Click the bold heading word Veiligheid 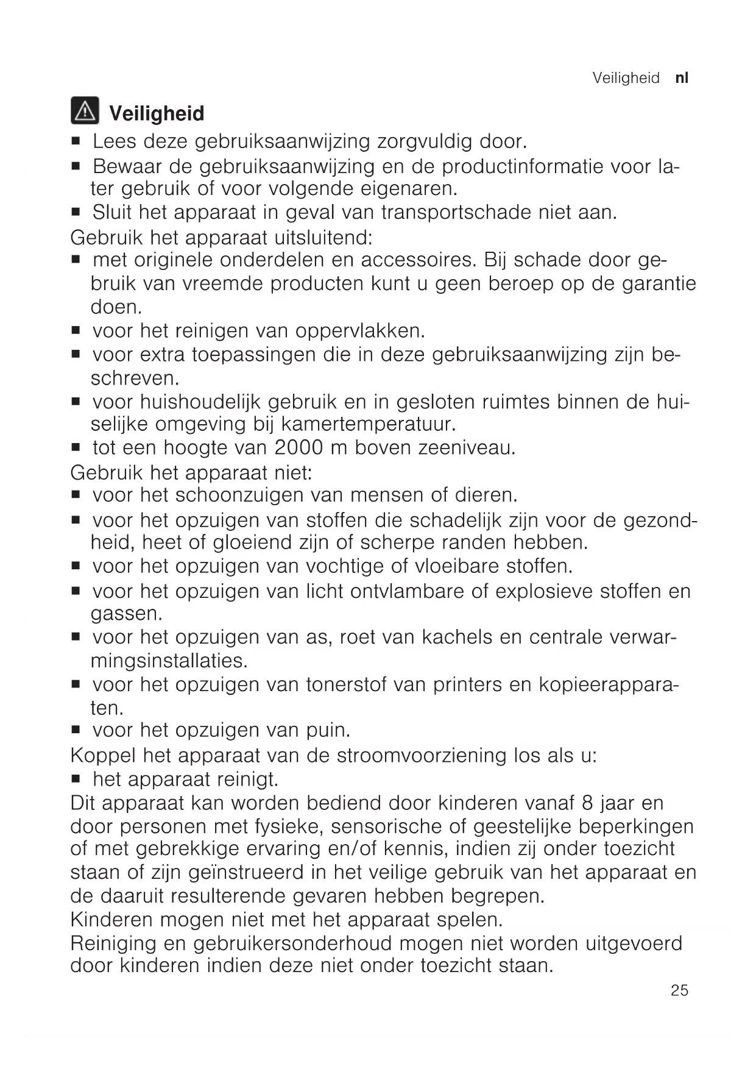pyautogui.click(x=157, y=114)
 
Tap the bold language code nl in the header pyautogui.click(x=682, y=78)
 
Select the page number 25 pyautogui.click(x=679, y=990)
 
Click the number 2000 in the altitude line pyautogui.click(x=299, y=448)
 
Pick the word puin pyautogui.click(x=329, y=730)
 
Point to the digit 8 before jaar pyautogui.click(x=588, y=803)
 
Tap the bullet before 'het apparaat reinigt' pyautogui.click(x=76, y=780)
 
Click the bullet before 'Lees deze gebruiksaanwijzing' pyautogui.click(x=76, y=142)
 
